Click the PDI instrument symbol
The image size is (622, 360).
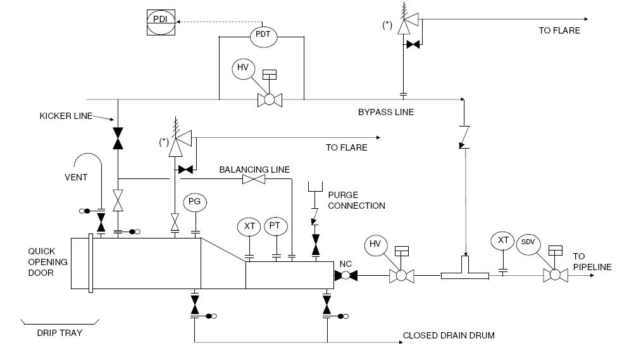point(160,20)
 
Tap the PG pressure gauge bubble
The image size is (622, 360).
point(196,202)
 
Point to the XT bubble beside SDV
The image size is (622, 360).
point(503,241)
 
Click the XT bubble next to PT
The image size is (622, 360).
point(248,226)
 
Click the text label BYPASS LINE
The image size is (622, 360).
point(385,112)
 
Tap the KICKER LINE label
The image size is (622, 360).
point(66,116)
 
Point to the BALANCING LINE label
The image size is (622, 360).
point(254,170)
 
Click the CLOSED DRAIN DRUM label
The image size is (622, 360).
point(449,335)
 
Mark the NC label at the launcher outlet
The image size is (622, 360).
point(345,263)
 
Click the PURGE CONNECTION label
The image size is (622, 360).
point(356,200)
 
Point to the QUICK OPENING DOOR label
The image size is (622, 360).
point(46,261)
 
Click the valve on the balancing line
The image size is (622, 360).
point(254,180)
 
